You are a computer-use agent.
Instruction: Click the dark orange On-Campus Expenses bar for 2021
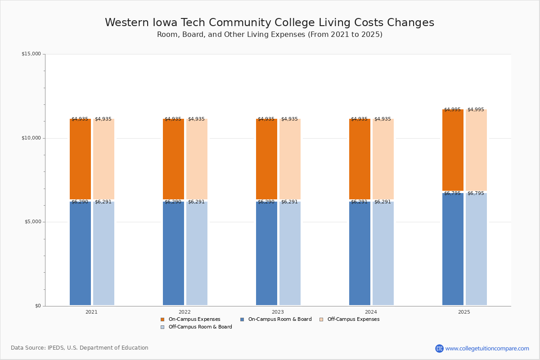click(x=80, y=159)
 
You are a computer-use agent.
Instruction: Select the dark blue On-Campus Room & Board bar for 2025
click(x=453, y=249)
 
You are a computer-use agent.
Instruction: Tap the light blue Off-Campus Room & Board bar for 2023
click(x=290, y=253)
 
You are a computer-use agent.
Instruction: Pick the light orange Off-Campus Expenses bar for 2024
click(x=383, y=159)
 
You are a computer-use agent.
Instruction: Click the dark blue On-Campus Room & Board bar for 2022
click(x=173, y=253)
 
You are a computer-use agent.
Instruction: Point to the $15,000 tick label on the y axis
click(x=31, y=54)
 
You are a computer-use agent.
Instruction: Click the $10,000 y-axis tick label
click(x=31, y=138)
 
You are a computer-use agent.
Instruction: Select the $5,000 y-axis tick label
click(x=32, y=222)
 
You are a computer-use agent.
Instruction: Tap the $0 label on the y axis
click(x=38, y=306)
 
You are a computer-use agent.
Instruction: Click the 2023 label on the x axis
click(x=278, y=312)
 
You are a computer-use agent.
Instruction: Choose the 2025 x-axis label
click(x=464, y=312)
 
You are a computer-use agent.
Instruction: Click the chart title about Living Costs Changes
click(x=270, y=22)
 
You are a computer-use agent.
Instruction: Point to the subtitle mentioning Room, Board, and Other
click(x=270, y=35)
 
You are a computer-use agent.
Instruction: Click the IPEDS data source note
click(x=80, y=348)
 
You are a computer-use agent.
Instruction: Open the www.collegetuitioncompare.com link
click(x=487, y=348)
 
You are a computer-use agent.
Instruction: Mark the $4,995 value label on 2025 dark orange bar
click(x=452, y=110)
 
